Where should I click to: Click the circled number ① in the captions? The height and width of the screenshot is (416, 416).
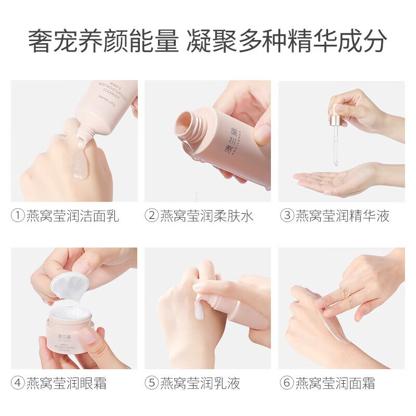pyautogui.click(x=18, y=215)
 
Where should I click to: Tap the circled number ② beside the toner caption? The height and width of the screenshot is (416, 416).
pyautogui.click(x=151, y=215)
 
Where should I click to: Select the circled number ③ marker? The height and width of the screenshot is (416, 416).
pyautogui.click(x=287, y=215)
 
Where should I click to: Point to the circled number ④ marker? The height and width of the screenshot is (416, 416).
pyautogui.click(x=18, y=384)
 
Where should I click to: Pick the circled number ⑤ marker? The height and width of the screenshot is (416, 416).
pyautogui.click(x=151, y=384)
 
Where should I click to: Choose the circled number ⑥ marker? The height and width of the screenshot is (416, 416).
pyautogui.click(x=287, y=384)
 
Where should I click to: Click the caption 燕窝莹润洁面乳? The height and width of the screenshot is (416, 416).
pyautogui.click(x=72, y=215)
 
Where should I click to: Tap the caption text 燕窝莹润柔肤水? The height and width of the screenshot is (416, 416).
pyautogui.click(x=206, y=215)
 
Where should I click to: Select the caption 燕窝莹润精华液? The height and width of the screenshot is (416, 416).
pyautogui.click(x=342, y=215)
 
